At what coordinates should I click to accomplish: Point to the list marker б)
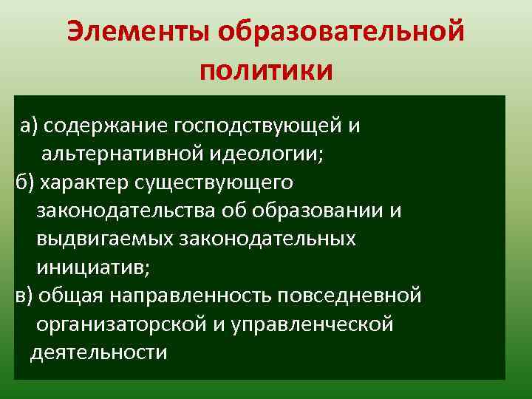click(24, 182)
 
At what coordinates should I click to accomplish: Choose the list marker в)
click(24, 296)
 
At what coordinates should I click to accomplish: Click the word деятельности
click(98, 352)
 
